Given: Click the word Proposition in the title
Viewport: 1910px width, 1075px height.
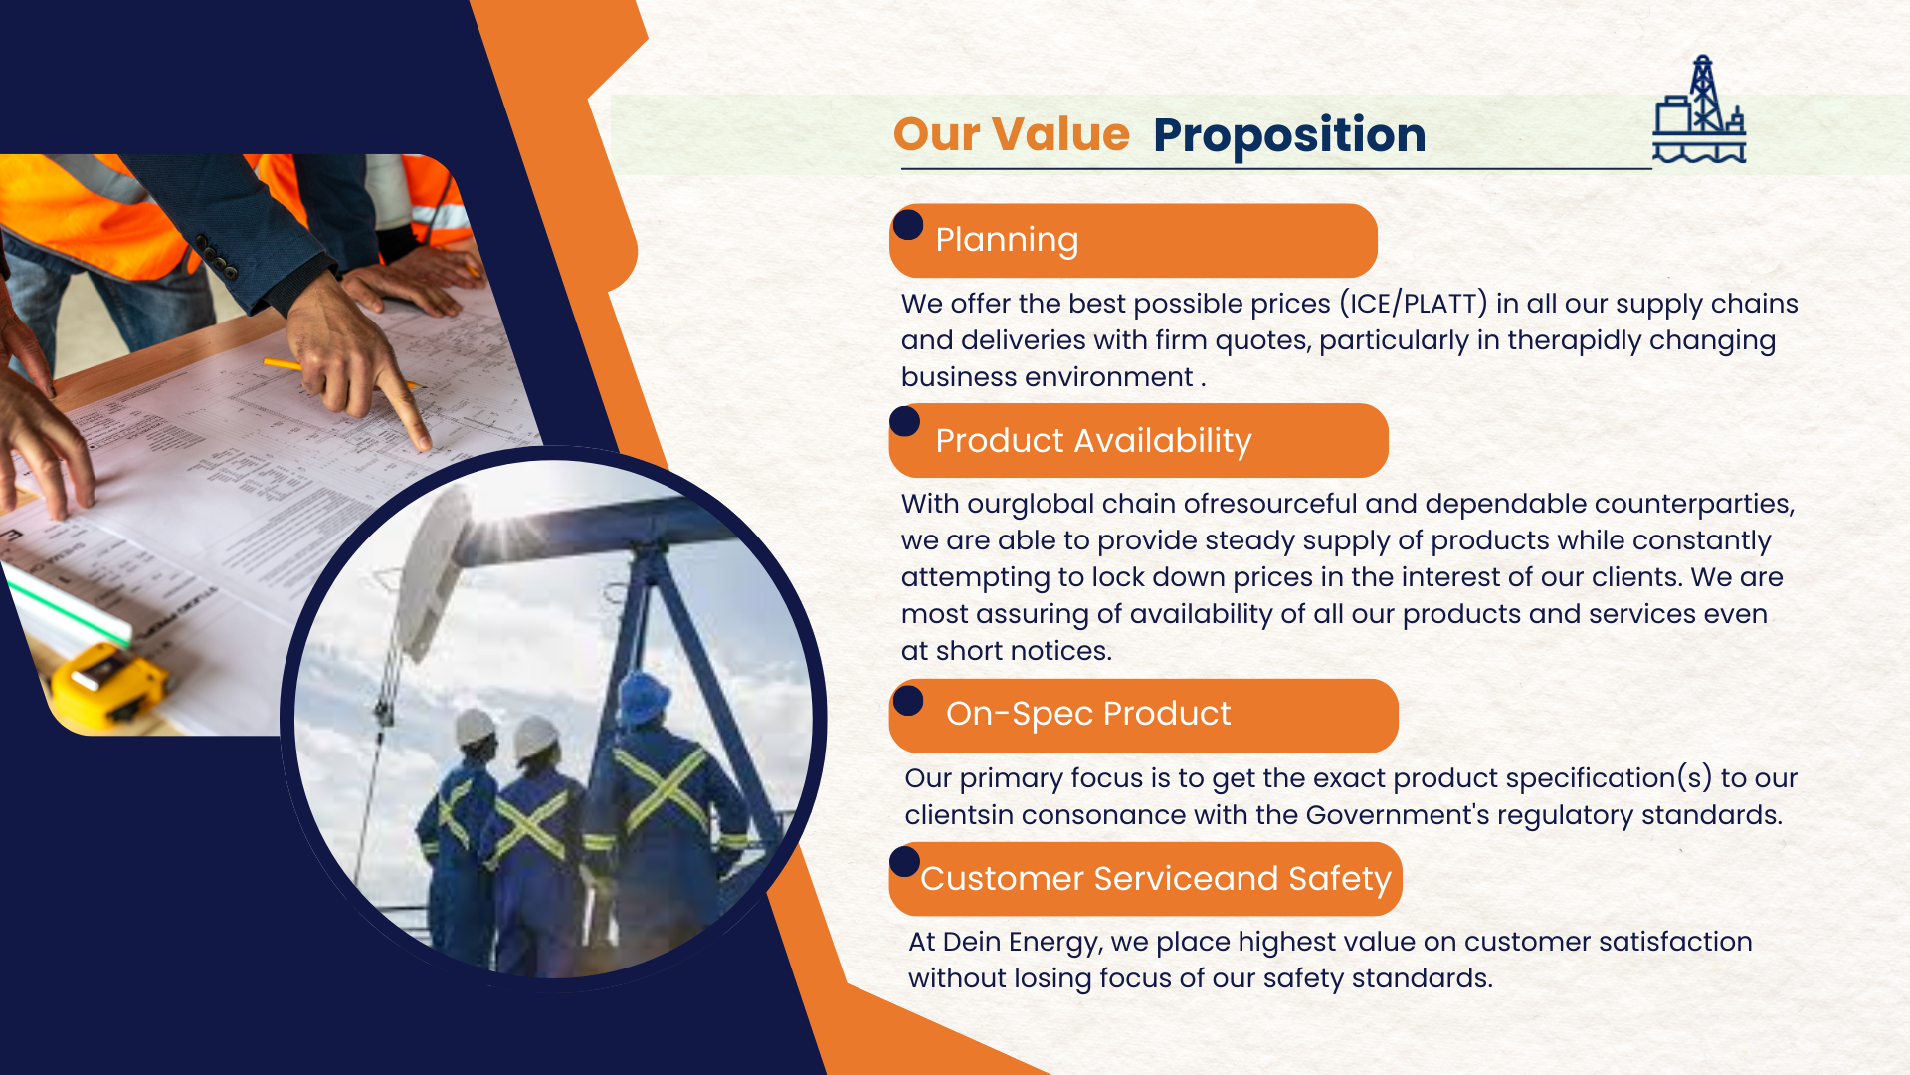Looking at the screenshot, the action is tap(1289, 135).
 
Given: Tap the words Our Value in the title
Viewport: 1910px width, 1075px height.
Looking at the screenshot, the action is tap(1011, 134).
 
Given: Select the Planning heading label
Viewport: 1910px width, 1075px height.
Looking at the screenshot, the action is tap(1007, 240).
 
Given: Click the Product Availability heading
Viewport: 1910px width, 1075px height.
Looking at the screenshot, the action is tap(1093, 441).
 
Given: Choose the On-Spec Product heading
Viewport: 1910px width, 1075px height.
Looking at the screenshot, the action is tap(1088, 714).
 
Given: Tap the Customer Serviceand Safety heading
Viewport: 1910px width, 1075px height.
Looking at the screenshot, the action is tap(1155, 879).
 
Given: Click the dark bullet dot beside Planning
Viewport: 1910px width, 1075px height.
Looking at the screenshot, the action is tap(908, 225).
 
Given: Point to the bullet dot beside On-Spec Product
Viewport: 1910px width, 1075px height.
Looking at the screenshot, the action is tap(908, 700).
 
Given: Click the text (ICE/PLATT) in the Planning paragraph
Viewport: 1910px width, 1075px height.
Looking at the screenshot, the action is tap(1413, 303).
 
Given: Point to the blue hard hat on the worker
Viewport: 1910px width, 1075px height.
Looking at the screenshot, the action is tap(644, 695).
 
